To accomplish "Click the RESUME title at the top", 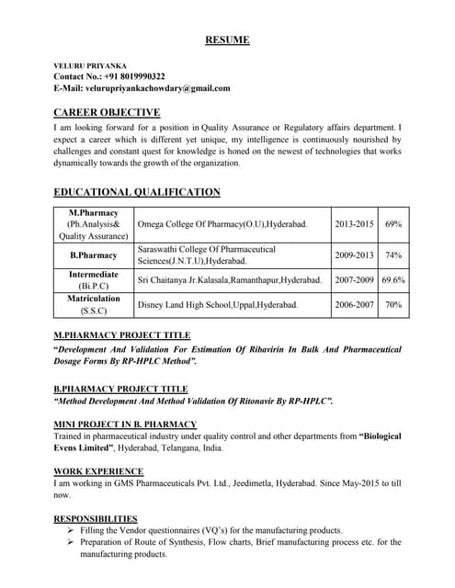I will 226,40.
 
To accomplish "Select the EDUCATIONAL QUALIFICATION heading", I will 137,192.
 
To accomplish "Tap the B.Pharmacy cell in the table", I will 94,255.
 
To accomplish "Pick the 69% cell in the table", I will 393,224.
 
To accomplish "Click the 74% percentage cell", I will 393,255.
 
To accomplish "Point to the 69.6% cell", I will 393,280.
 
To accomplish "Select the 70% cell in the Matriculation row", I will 393,304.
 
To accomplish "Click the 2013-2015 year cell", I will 354,224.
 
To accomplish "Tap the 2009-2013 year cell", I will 354,255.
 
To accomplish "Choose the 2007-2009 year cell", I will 354,280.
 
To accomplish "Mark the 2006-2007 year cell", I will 354,304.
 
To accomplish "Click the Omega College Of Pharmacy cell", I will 222,224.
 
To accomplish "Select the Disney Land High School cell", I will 217,304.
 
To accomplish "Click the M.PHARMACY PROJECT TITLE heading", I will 122,336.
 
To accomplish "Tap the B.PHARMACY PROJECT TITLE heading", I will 120,389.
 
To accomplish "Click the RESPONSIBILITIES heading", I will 96,518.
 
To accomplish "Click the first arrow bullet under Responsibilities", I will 72,531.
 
